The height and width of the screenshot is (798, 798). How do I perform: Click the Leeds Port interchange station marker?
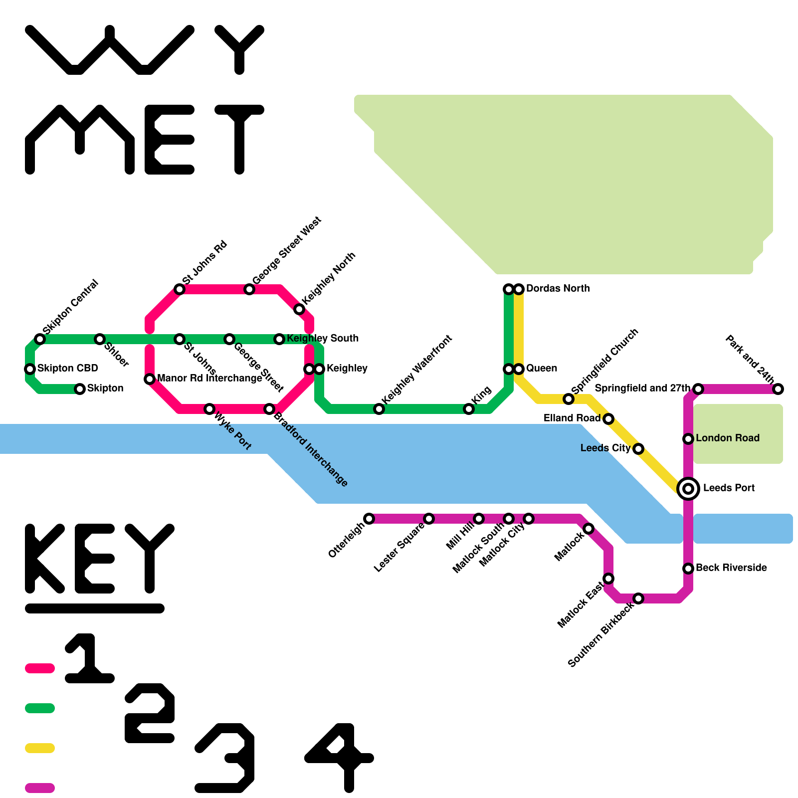pos(688,489)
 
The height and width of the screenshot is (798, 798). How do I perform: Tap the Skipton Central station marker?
pos(40,339)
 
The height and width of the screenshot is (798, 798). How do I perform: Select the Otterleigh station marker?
pos(369,519)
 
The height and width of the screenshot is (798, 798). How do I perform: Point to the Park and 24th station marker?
pos(778,389)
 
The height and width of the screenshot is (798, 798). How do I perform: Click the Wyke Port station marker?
pos(209,409)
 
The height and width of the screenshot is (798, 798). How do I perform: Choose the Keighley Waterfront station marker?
pos(379,409)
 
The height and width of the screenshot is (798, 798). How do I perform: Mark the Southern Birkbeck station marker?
pos(638,598)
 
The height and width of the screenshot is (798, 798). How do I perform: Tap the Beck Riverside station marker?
pos(688,569)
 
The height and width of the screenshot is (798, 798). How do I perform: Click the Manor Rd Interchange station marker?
pos(150,379)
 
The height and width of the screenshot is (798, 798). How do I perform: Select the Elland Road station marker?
pos(608,419)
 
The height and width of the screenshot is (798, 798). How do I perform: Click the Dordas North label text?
pos(558,288)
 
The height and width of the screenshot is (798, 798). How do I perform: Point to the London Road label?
pos(727,438)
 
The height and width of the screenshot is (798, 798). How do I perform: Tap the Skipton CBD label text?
pos(67,368)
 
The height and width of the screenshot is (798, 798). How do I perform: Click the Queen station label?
pos(541,368)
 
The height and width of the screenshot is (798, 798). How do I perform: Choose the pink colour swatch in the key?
pos(40,668)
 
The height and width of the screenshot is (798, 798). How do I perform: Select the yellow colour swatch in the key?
pos(40,748)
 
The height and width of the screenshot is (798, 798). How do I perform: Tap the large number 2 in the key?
pos(150,713)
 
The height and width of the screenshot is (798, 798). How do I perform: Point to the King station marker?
pos(469,409)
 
